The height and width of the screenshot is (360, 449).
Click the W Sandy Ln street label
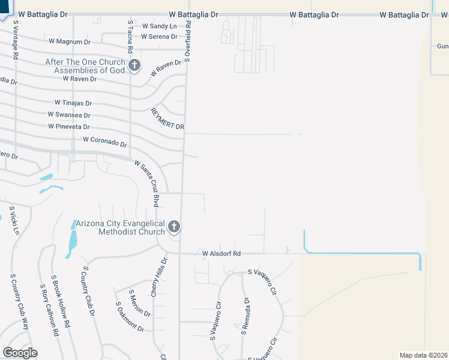[x=160, y=26]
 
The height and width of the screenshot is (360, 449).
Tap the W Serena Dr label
[x=159, y=37]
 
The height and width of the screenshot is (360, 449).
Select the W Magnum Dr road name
[x=69, y=41]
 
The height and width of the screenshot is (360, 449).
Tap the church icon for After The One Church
[x=134, y=65]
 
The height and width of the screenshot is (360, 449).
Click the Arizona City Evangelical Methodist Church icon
[x=174, y=227]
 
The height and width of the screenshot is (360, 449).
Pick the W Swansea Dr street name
[x=69, y=115]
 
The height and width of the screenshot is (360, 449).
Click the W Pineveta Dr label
[x=69, y=127]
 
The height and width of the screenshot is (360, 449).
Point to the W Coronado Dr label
[x=105, y=142]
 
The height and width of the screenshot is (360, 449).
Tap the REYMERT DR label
[x=167, y=119]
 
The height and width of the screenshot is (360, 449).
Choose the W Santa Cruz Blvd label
[x=148, y=183]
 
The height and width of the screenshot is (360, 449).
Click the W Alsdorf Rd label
[x=221, y=254]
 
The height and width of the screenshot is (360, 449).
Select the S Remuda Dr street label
[x=244, y=316]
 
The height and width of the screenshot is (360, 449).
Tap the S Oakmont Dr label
[x=130, y=317]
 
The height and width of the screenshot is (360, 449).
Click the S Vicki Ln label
[x=14, y=221]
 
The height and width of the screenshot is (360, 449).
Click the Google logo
[x=20, y=352]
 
